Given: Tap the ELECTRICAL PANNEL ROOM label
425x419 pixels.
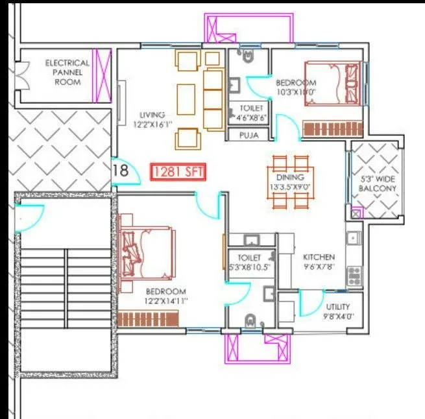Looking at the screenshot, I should [x=67, y=73].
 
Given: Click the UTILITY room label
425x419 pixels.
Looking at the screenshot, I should [x=338, y=306].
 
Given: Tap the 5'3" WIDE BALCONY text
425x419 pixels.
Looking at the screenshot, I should [x=376, y=184].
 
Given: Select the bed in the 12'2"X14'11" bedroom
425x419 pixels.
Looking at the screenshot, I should [x=147, y=251].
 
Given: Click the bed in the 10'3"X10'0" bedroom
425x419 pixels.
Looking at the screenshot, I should [x=331, y=82].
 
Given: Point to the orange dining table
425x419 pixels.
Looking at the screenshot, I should [x=290, y=182].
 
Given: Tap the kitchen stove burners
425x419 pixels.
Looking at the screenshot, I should [x=354, y=277].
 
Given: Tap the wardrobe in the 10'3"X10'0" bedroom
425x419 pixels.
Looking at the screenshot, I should [x=327, y=128].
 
